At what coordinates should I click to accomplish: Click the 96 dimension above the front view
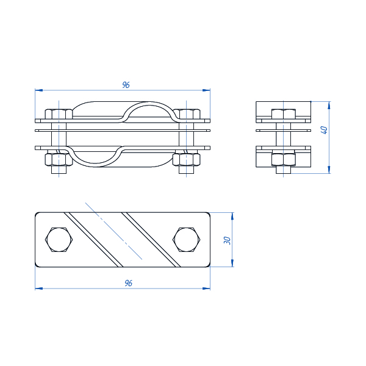pos(126,85)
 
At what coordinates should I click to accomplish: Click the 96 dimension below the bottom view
pos(128,283)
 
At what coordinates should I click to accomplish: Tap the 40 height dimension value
pos(325,130)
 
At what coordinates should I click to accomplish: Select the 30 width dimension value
pos(227,240)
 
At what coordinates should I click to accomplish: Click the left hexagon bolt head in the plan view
pos(59,240)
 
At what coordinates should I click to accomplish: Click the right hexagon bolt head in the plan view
pos(187,240)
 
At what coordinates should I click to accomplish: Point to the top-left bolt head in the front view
pos(59,114)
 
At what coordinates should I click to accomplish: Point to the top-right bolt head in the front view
pos(187,114)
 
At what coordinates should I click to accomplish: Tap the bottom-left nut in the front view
pos(59,160)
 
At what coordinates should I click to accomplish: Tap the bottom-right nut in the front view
pos(187,160)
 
